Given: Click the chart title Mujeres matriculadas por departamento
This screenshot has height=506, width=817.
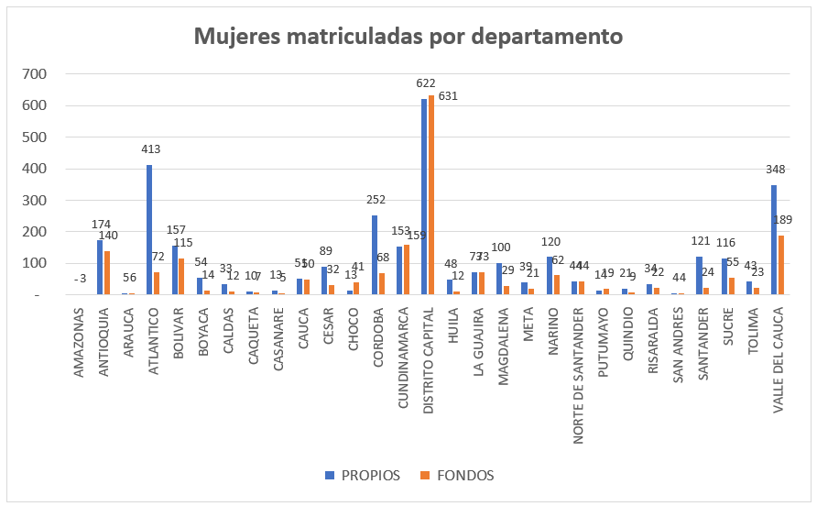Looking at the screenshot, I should [x=408, y=37].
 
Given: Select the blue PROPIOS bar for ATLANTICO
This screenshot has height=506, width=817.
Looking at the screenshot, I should [x=149, y=229].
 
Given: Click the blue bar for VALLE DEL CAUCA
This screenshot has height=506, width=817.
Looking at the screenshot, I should [x=774, y=239].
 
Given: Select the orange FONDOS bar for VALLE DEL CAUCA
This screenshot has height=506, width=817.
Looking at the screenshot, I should [x=781, y=265].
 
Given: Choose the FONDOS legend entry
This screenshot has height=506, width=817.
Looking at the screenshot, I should [x=458, y=475].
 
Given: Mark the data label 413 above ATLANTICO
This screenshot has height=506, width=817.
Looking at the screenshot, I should [x=151, y=148].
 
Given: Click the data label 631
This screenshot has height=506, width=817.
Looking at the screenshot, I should [x=447, y=95].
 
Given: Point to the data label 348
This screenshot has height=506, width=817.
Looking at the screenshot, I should [x=776, y=170].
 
